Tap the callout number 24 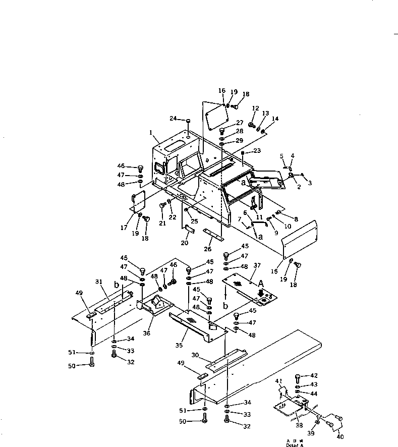click(x=173, y=119)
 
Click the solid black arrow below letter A click(x=260, y=292)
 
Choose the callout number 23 click(x=258, y=150)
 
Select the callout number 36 click(x=147, y=332)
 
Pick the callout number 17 click(x=124, y=228)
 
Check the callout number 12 click(x=255, y=108)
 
